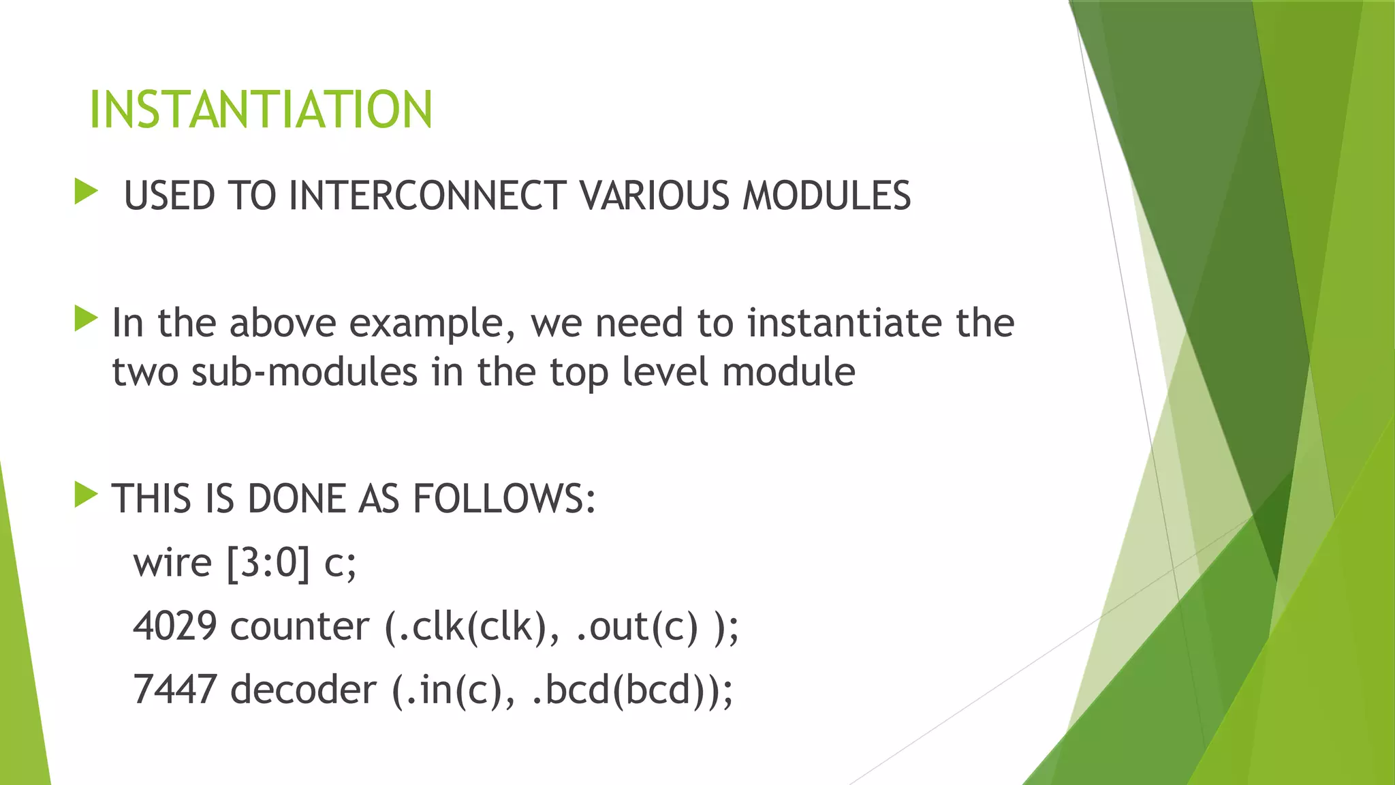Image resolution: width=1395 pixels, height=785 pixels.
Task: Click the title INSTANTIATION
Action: point(261,110)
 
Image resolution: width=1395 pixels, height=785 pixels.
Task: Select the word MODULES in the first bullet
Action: point(826,196)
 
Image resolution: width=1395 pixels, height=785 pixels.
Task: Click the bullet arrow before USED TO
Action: point(87,191)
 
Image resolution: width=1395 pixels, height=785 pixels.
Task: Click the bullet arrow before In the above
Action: point(87,319)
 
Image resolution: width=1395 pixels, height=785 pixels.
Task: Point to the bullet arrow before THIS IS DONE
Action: point(87,495)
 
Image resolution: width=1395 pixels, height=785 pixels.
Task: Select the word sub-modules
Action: point(304,373)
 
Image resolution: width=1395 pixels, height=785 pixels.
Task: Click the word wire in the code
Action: point(172,564)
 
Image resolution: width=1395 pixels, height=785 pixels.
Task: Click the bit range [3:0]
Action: point(268,564)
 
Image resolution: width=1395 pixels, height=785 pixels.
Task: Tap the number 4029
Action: point(175,626)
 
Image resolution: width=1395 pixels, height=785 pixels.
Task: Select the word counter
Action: point(300,626)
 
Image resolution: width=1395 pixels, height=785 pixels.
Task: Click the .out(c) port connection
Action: point(637,626)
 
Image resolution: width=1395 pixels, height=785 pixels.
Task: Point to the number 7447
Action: point(175,690)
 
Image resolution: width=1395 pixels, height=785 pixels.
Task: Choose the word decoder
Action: point(303,690)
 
